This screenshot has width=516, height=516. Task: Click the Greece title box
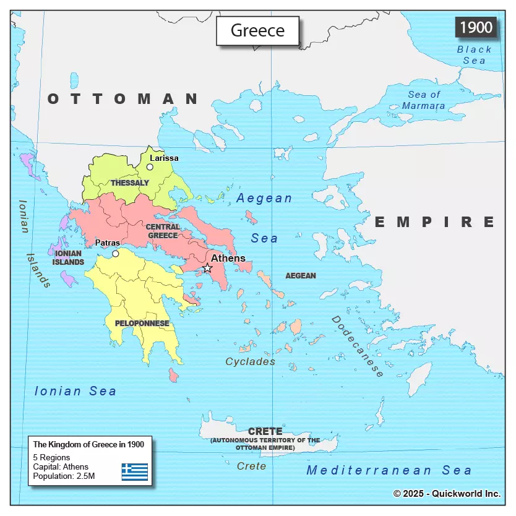point(257,31)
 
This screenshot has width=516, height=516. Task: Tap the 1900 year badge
point(476,27)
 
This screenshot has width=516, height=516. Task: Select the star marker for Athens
point(207,268)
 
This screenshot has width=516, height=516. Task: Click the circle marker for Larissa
point(150,167)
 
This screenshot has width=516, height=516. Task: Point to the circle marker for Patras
point(115,254)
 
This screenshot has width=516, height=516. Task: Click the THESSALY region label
point(130,183)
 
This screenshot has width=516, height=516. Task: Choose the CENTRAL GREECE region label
point(163,231)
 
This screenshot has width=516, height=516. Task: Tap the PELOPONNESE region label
point(142,323)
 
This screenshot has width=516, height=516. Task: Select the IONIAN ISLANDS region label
point(68,258)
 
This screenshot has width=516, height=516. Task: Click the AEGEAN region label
point(301,275)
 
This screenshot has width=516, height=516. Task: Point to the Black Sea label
point(475,55)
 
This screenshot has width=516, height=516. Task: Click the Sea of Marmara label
point(424,100)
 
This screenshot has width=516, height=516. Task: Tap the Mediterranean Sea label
point(389,470)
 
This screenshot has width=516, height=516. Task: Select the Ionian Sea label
point(75,391)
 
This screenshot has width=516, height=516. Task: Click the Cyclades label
point(250,361)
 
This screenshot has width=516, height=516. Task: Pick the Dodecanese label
point(358,346)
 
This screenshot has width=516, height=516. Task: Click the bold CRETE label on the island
point(265,431)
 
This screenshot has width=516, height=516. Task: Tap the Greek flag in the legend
point(134,472)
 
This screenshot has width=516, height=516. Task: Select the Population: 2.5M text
point(64,476)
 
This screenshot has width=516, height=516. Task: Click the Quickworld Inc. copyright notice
point(447,493)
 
